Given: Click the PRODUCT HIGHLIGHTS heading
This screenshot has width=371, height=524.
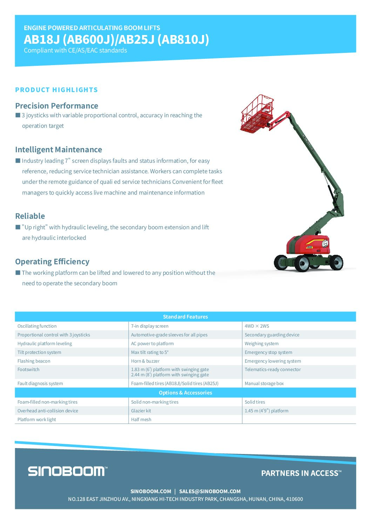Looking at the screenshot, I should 56,90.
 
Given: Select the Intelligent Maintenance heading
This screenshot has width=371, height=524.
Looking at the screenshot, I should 59,150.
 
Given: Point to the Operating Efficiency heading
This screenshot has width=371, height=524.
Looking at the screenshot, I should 52,262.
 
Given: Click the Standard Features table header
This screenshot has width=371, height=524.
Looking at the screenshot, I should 185,317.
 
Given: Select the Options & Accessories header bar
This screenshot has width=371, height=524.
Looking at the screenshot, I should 185,393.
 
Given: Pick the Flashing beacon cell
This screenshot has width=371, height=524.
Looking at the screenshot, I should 34,361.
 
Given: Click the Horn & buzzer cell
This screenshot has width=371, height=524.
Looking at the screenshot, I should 145,361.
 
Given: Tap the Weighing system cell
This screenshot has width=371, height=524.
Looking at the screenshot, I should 262,344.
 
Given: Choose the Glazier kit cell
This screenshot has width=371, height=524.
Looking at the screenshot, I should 141,411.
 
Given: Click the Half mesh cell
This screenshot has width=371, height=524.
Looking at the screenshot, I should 141,420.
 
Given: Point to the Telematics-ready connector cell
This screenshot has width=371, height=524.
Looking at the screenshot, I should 272,370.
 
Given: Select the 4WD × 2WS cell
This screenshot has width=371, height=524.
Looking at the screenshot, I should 257,326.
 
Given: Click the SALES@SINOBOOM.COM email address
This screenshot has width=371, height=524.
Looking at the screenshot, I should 210,491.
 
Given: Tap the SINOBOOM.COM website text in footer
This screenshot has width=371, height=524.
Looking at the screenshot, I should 151,491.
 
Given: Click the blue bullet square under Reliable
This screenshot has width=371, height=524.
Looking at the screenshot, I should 18,227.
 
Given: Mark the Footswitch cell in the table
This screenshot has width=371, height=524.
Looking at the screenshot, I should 28,370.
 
